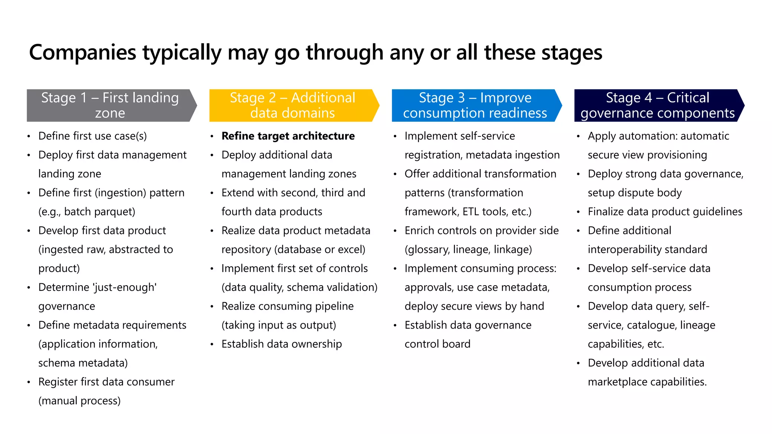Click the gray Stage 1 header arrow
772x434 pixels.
point(110,105)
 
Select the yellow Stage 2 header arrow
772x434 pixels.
point(293,105)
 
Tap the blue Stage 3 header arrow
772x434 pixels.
point(475,105)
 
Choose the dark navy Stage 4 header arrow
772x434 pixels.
point(657,105)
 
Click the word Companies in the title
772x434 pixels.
point(83,52)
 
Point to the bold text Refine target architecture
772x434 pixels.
point(288,136)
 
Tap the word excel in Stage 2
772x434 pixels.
point(351,249)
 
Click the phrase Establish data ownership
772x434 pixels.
point(282,344)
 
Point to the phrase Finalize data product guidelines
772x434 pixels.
point(665,212)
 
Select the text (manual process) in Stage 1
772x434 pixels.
point(80,401)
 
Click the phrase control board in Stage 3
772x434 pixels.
point(437,344)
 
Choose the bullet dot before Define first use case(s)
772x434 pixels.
point(29,137)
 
